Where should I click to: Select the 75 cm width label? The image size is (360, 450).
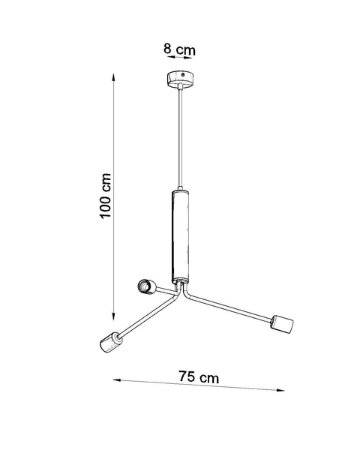click(x=199, y=377)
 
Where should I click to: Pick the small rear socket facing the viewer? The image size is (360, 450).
click(x=145, y=286)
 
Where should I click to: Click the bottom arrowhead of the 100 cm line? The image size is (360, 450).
click(x=113, y=316)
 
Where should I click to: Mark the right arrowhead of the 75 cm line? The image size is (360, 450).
click(x=284, y=390)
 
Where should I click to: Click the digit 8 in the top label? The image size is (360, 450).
click(x=167, y=49)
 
